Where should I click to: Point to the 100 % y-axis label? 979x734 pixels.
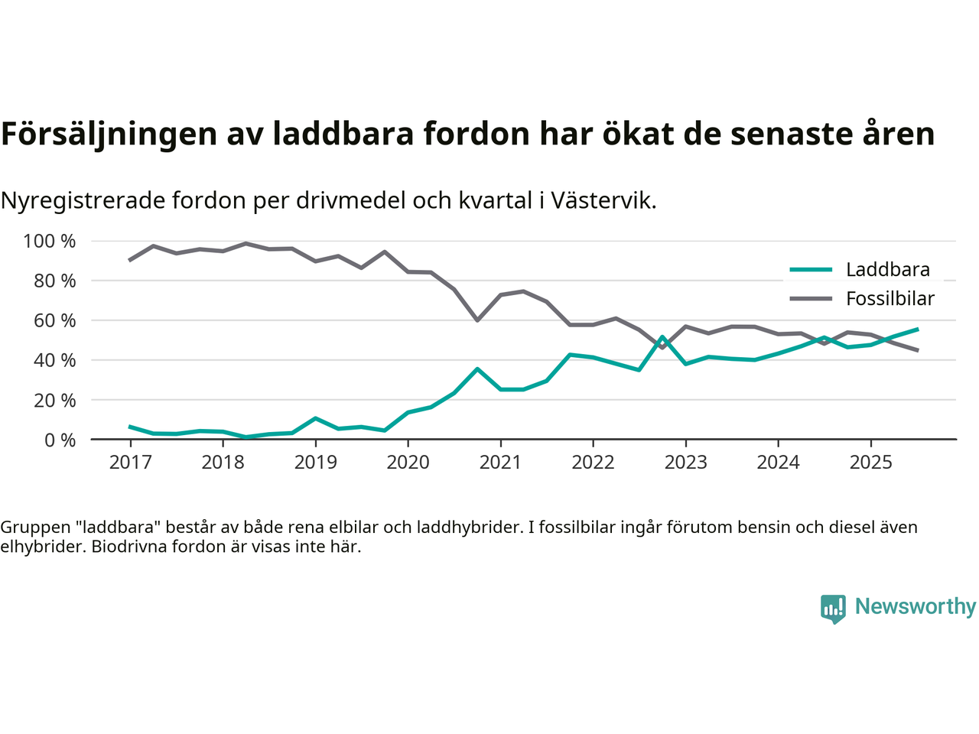tap(50, 242)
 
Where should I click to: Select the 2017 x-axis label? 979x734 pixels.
tap(130, 463)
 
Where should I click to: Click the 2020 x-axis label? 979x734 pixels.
tap(408, 463)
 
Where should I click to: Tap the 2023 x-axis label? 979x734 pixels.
tap(685, 463)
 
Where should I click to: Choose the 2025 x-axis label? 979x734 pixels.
tap(870, 463)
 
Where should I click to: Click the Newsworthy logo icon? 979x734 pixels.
tap(833, 609)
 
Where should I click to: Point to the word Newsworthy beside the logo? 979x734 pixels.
tap(916, 606)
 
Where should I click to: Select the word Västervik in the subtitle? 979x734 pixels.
tap(603, 201)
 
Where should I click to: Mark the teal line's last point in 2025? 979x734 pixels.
tap(917, 329)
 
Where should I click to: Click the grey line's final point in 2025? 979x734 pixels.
tap(917, 350)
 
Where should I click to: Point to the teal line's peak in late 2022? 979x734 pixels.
tap(662, 336)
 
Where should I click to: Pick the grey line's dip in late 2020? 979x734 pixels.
tap(477, 320)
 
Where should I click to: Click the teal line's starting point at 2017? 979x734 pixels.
tap(130, 427)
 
